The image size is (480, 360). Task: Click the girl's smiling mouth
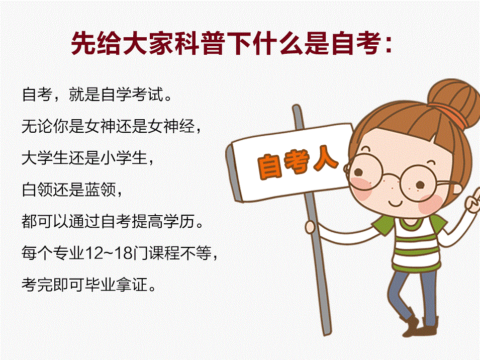(396, 203)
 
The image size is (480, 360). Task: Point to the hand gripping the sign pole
(311, 227)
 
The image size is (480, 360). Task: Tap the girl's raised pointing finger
(475, 195)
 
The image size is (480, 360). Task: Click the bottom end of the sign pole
(327, 332)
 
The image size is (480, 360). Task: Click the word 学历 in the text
(179, 221)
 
